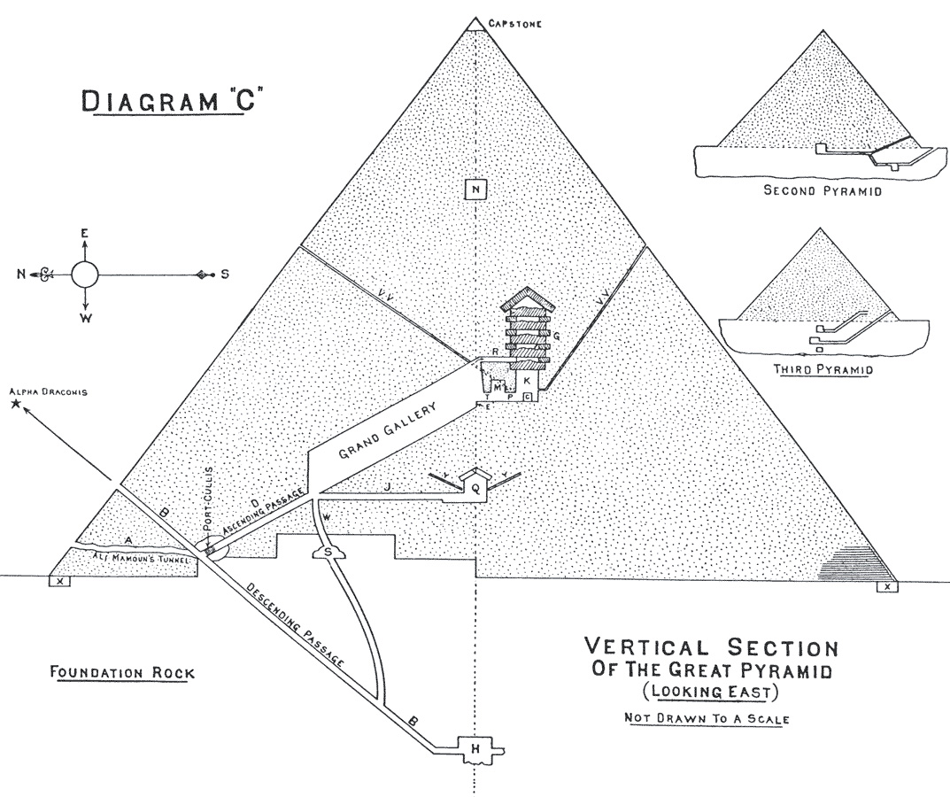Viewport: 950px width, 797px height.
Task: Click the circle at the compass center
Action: pyautogui.click(x=84, y=275)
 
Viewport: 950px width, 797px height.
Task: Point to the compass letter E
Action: pyautogui.click(x=84, y=234)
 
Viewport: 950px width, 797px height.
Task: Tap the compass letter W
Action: pyautogui.click(x=84, y=317)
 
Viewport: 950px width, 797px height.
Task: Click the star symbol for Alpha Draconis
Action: pyautogui.click(x=15, y=405)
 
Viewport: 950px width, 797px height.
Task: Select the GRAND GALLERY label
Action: pyautogui.click(x=387, y=432)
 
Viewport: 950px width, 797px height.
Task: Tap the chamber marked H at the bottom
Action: pyautogui.click(x=476, y=750)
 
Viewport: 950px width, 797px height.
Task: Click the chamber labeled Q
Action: pyautogui.click(x=476, y=487)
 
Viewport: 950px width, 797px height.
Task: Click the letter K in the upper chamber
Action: pyautogui.click(x=526, y=380)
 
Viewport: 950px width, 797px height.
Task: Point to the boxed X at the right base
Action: pyautogui.click(x=887, y=586)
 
